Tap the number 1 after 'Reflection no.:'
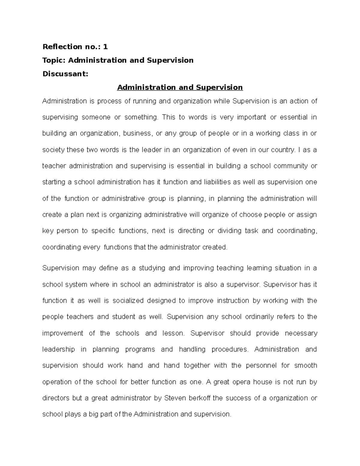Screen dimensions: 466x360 [x=105, y=47]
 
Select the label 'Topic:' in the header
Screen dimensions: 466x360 [x=54, y=60]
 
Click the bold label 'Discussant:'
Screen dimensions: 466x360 [x=65, y=74]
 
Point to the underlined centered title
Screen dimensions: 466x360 [x=180, y=87]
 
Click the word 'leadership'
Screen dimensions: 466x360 [x=58, y=349]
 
